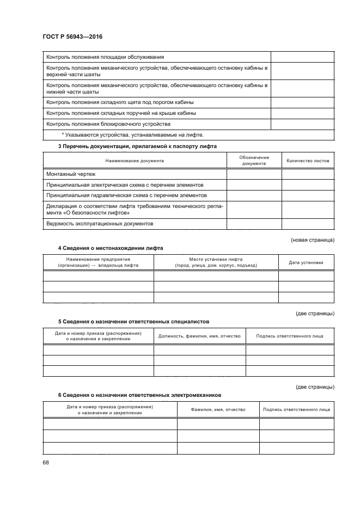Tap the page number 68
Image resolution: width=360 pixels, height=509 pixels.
tap(45, 462)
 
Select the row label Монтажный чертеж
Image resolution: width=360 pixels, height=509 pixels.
tap(71, 174)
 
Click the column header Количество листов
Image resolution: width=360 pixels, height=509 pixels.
tap(308, 161)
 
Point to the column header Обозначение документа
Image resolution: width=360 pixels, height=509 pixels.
tap(254, 161)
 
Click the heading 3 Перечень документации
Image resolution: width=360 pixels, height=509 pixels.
tap(137, 146)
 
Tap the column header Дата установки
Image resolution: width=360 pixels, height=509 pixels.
tap(306, 262)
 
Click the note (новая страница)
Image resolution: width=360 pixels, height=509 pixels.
tap(313, 240)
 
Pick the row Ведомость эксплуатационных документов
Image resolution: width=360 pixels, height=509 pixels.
tap(100, 224)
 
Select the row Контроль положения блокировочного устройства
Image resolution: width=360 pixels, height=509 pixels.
tap(108, 124)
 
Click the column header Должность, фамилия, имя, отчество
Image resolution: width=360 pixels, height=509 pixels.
tap(199, 336)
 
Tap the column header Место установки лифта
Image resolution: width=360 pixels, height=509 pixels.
tap(216, 262)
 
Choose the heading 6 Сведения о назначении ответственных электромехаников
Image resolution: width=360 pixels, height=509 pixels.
tap(139, 395)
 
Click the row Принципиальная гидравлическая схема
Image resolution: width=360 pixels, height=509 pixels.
tap(126, 195)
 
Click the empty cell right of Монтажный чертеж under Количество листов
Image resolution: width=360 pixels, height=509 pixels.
tap(308, 174)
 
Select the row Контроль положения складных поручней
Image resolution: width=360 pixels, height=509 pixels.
tap(121, 113)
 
